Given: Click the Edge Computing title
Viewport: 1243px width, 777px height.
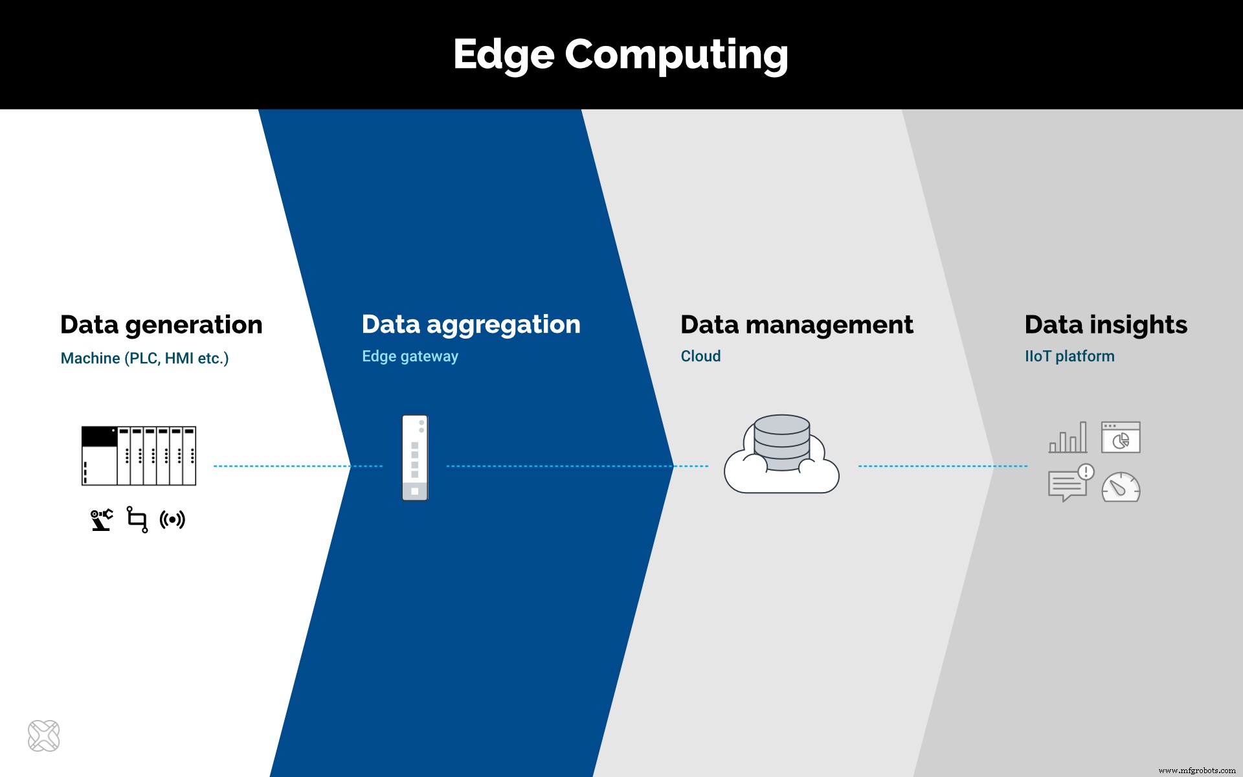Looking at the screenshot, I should coord(620,54).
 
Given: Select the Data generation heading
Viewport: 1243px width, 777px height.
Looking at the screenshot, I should coord(161,325).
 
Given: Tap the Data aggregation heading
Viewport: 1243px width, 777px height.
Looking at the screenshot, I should coord(471,325).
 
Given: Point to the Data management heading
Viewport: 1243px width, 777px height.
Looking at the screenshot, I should coord(796,325).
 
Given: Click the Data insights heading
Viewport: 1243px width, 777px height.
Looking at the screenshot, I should coord(1105,325).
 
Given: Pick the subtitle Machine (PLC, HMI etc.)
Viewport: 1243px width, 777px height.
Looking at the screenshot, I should coord(144,358).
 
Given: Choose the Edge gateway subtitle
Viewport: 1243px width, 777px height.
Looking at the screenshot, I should coord(410,356).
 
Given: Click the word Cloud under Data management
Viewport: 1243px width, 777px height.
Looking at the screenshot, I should coord(700,356).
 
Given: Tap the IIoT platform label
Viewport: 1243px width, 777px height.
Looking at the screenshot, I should coord(1069,356).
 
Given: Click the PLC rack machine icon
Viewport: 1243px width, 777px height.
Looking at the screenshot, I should coord(139,456).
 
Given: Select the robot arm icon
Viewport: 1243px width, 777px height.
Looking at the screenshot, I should coord(102,520).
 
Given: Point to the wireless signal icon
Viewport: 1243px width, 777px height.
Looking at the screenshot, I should coord(172,519).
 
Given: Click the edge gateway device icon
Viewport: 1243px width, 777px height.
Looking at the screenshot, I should coord(415,458).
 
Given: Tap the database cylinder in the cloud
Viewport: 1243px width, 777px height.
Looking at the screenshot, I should coord(781,442).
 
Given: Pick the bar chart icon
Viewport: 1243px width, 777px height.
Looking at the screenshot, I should coord(1068,438).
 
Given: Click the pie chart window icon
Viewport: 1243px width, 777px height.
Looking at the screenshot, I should coord(1121,438).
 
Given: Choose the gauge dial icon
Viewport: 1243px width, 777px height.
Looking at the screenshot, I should coord(1121,488).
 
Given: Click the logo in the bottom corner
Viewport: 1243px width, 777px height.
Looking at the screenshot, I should coord(44,736).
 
